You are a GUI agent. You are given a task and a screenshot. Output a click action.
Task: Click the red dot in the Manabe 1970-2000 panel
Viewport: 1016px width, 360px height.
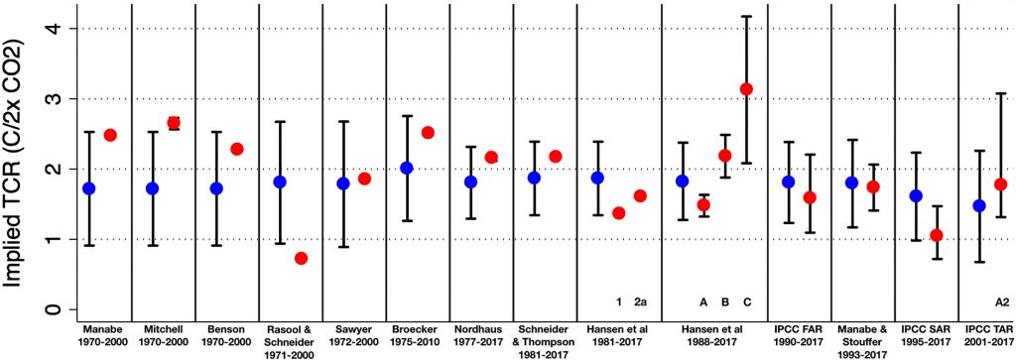tap(110, 135)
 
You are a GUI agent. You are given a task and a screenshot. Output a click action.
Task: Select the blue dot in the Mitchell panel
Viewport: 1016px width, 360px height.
tap(153, 187)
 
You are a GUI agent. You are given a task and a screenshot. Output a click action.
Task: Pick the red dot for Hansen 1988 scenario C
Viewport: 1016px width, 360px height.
tap(747, 89)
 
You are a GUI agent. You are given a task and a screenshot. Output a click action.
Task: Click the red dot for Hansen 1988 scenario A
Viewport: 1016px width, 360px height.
tap(703, 204)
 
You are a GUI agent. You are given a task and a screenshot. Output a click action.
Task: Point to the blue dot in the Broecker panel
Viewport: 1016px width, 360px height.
tap(407, 168)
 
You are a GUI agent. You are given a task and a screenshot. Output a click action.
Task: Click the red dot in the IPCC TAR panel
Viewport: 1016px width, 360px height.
tap(1001, 183)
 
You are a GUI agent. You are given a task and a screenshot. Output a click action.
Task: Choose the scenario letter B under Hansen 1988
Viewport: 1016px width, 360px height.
tap(725, 301)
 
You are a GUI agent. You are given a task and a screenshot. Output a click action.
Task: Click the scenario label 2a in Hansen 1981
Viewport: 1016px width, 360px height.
tap(640, 301)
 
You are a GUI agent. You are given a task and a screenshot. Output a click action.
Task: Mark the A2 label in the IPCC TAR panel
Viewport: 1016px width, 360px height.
tap(1001, 301)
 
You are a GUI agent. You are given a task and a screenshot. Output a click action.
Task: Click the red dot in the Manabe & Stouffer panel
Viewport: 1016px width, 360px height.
tap(873, 186)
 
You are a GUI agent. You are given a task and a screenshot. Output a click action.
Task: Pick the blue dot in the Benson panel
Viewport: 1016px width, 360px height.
tap(216, 187)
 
